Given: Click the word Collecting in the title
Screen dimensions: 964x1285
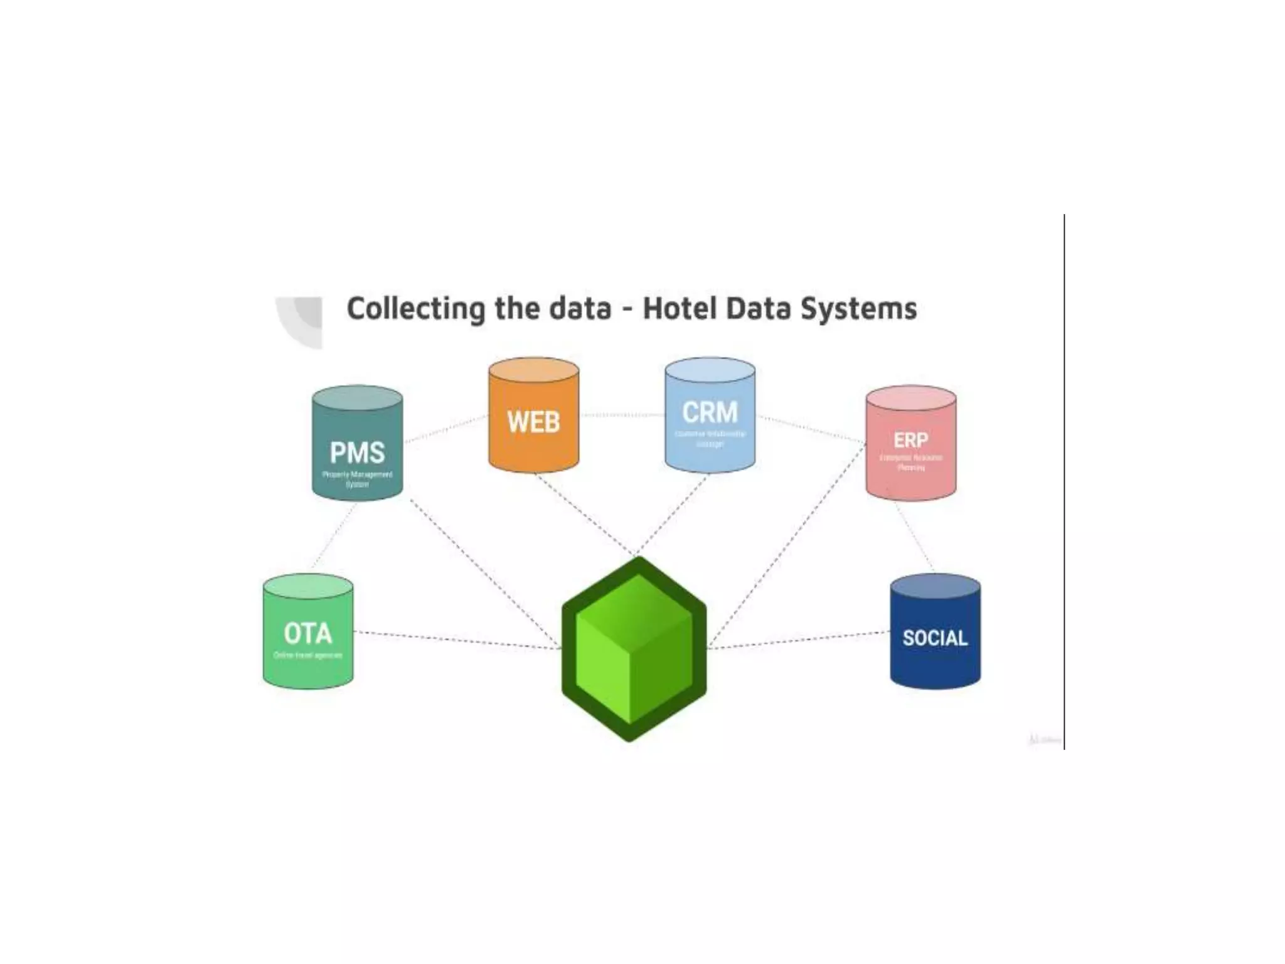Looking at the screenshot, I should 415,309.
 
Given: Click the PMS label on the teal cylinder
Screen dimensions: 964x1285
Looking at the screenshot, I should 357,453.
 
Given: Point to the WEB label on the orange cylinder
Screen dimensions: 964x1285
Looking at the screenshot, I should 533,422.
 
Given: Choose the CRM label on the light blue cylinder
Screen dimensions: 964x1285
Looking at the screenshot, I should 710,413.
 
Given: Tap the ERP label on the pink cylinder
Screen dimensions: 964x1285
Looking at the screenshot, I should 910,441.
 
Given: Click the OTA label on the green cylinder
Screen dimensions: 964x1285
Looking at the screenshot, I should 307,634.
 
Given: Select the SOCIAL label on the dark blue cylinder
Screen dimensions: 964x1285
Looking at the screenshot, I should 935,638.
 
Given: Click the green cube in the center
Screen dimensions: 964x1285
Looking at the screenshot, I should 634,650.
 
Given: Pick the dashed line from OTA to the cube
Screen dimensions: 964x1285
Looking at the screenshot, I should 458,640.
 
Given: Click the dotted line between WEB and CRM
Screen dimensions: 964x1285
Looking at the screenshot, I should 621,415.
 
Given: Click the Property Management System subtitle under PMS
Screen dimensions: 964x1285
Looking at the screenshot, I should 357,479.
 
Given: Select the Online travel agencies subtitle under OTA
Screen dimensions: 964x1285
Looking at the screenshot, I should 307,655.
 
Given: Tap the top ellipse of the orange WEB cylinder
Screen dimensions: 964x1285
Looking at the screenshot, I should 533,370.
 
